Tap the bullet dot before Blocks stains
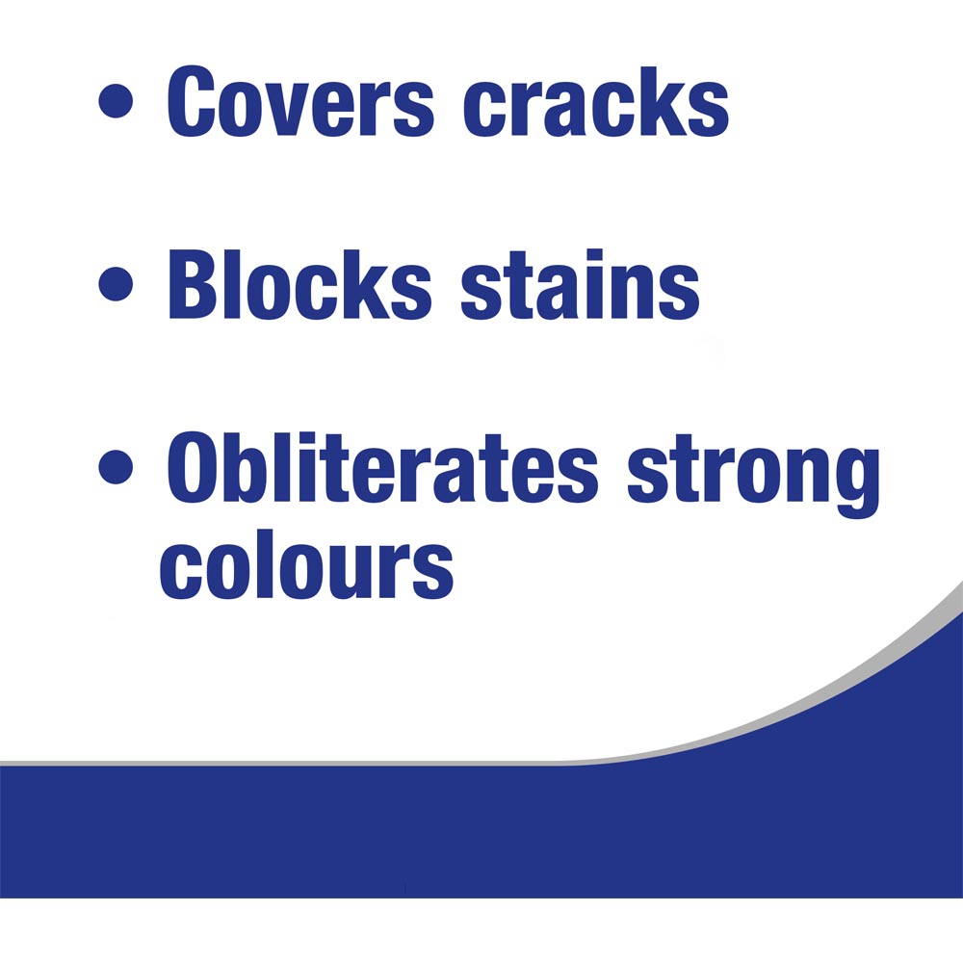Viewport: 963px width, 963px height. click(x=117, y=286)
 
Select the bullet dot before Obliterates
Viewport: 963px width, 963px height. click(x=117, y=470)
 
